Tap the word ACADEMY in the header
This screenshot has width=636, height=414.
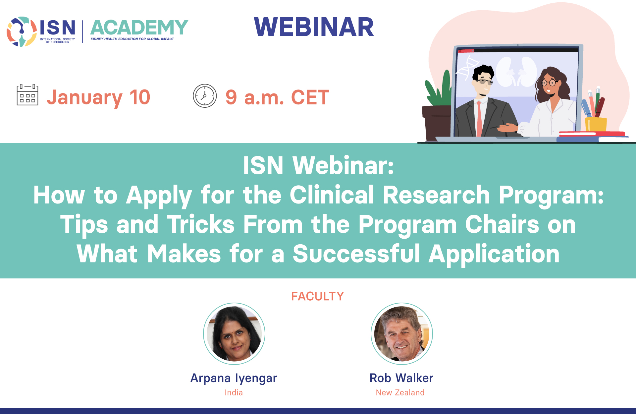[139, 28]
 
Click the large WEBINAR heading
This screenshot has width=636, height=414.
[314, 27]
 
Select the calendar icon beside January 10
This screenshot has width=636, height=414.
[27, 95]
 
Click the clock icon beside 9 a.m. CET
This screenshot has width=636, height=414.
[205, 96]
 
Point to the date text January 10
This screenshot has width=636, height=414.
[98, 98]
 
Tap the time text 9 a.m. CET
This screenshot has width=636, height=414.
[277, 97]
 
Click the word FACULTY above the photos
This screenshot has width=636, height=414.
[318, 296]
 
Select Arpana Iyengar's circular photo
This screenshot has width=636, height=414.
[234, 334]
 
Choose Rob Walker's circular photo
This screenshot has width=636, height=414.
[402, 334]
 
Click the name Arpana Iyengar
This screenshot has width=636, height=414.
[234, 378]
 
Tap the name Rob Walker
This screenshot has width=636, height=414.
[401, 378]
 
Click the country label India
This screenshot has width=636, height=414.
[234, 392]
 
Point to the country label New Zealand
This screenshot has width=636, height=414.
[400, 392]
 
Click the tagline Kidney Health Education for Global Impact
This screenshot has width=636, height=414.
[132, 39]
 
